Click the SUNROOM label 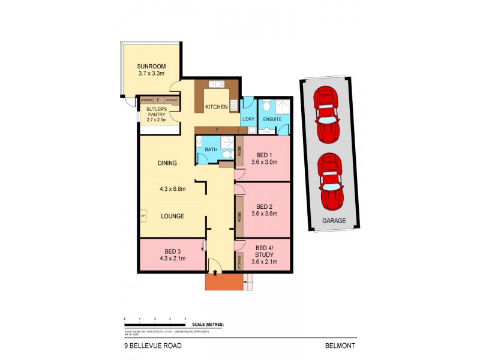tap(151, 67)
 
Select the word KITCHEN tap(216, 107)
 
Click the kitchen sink tap(215, 84)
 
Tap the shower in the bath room tap(227, 143)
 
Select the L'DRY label tap(248, 119)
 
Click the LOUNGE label tap(172, 216)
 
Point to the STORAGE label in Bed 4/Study tap(239, 262)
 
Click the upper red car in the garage tap(328, 114)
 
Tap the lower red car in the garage tap(331, 181)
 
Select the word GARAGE tap(334, 221)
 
